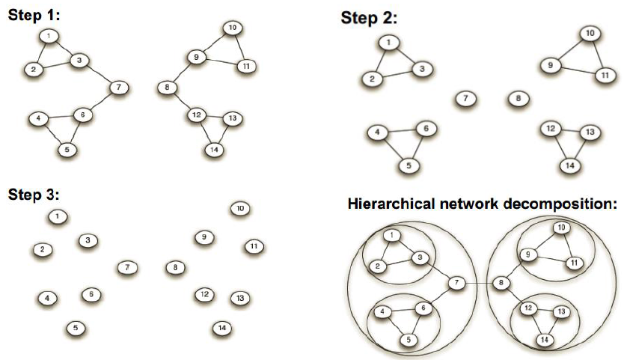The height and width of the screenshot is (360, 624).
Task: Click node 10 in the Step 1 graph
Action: pyautogui.click(x=233, y=28)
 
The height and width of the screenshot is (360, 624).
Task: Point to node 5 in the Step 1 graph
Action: pyautogui.click(x=68, y=149)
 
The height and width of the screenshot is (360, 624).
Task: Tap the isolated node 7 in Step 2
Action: pyautogui.click(x=465, y=98)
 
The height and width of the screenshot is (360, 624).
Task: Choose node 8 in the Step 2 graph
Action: pyautogui.click(x=518, y=98)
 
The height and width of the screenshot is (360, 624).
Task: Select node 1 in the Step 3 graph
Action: pyautogui.click(x=57, y=217)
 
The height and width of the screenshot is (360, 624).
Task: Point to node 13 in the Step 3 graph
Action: pyautogui.click(x=239, y=299)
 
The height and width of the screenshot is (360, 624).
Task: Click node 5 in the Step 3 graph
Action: pyautogui.click(x=76, y=327)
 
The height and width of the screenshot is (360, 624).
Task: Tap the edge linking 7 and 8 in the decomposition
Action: pyautogui.click(x=480, y=283)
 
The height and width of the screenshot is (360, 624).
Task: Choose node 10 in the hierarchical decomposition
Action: pyautogui.click(x=560, y=228)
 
